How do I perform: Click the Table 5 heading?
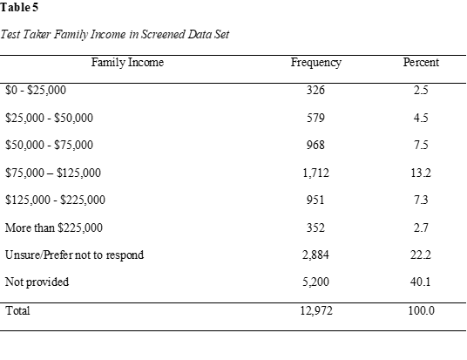19,8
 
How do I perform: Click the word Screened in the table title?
162,34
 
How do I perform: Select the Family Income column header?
127,63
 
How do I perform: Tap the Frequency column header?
316,63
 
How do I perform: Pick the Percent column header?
421,62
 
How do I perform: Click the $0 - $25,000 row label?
36,90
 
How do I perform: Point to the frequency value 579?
315,118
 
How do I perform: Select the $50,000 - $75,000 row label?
49,145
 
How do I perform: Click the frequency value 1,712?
315,173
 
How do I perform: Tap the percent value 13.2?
421,173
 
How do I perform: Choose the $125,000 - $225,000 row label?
55,200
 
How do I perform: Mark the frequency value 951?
315,200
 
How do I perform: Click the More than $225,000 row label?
54,228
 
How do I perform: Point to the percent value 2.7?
421,228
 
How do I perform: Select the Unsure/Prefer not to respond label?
74,255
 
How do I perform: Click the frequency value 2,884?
315,255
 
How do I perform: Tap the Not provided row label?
37,282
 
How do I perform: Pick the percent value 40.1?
421,282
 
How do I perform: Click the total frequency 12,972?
316,311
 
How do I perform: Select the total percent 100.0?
421,311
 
